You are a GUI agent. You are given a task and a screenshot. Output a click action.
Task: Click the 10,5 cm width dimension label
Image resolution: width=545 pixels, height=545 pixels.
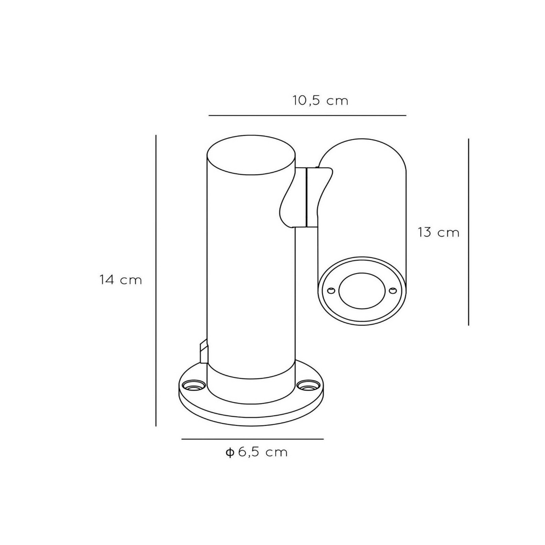[x=320, y=101]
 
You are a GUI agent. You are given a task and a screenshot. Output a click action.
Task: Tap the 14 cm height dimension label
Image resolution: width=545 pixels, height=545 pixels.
[x=121, y=280]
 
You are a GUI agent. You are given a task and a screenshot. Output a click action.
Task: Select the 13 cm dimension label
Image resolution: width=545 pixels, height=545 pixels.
[x=439, y=232]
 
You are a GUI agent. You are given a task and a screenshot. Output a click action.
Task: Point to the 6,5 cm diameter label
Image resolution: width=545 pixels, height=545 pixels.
[x=263, y=452]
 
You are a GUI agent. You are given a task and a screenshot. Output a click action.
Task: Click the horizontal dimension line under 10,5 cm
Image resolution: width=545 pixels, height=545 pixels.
[x=307, y=116]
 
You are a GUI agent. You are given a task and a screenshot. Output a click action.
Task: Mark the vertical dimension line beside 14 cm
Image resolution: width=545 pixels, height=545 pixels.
[x=156, y=281]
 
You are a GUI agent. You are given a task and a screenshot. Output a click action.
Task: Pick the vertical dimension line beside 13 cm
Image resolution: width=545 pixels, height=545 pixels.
[x=468, y=232]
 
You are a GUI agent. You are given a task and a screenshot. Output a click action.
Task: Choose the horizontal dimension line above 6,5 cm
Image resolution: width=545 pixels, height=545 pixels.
[x=252, y=439]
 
